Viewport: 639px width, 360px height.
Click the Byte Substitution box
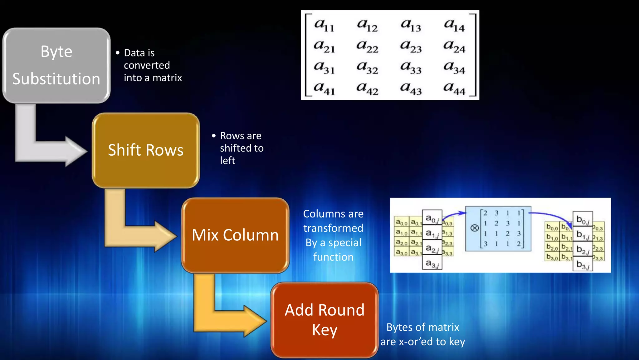(56, 65)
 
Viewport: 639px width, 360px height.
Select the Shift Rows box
(146, 150)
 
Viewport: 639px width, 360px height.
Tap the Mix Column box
(235, 235)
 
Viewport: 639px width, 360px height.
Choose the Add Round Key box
(324, 320)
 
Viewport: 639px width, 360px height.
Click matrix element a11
(324, 25)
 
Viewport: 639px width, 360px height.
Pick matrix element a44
(454, 89)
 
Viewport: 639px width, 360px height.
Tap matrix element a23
(411, 47)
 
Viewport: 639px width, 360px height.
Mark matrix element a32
(367, 68)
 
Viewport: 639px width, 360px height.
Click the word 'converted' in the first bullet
(147, 65)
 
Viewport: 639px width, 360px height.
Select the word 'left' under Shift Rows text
(227, 161)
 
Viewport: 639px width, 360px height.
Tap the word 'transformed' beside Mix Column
(333, 228)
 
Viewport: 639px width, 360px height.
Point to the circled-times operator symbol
(474, 228)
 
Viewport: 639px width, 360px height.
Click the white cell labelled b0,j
(583, 220)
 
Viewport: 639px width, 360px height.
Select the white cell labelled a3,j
(432, 263)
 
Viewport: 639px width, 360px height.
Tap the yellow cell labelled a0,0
(402, 222)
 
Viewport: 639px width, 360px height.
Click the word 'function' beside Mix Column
(333, 257)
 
